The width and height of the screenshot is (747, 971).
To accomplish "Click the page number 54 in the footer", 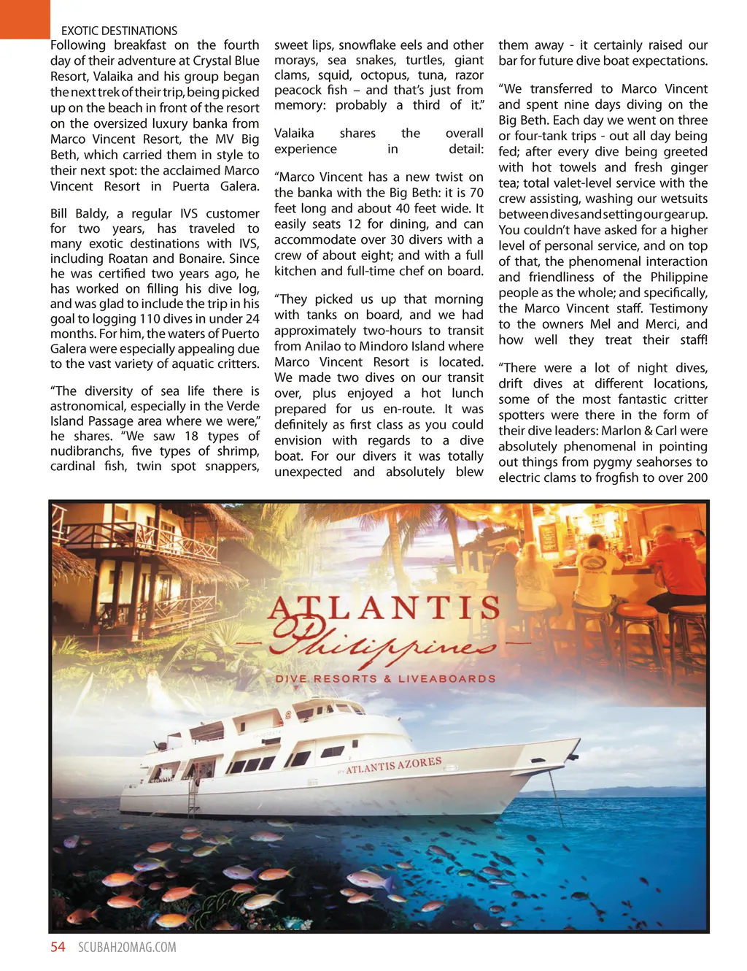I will tap(58, 947).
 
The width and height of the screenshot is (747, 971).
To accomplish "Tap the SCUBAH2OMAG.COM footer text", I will tap(127, 948).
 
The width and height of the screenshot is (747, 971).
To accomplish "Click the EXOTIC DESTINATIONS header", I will tap(119, 31).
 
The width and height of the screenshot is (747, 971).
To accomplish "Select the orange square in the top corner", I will tap(25, 19).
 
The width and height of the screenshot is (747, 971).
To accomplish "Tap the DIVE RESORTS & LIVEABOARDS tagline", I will tap(385, 678).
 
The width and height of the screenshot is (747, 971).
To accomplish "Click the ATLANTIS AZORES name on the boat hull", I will tap(393, 765).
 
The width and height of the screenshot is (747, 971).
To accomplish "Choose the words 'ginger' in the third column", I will tap(689, 167).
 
